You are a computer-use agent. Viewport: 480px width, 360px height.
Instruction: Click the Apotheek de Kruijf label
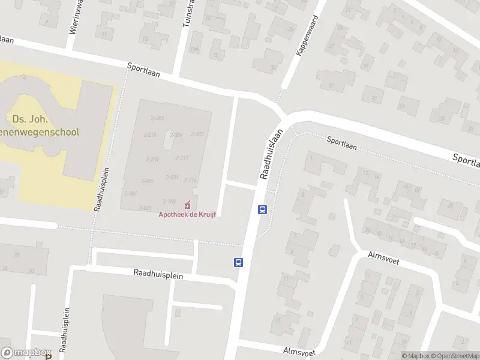click(x=187, y=215)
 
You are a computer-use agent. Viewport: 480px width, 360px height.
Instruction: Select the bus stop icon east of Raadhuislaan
click(x=262, y=209)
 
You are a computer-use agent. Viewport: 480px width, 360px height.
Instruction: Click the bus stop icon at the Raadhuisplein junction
click(x=238, y=262)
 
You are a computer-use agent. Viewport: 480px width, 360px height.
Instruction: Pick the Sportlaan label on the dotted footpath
click(x=342, y=143)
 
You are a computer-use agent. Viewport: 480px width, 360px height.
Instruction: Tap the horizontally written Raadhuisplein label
click(x=158, y=274)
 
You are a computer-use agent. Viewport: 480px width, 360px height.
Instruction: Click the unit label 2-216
click(x=149, y=134)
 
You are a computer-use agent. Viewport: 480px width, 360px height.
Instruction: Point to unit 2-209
click(x=151, y=159)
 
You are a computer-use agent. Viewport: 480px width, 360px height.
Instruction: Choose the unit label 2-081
click(x=131, y=193)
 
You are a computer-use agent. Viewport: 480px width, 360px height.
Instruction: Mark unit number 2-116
click(x=190, y=180)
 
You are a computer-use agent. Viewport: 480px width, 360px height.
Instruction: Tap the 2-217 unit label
click(x=182, y=158)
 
